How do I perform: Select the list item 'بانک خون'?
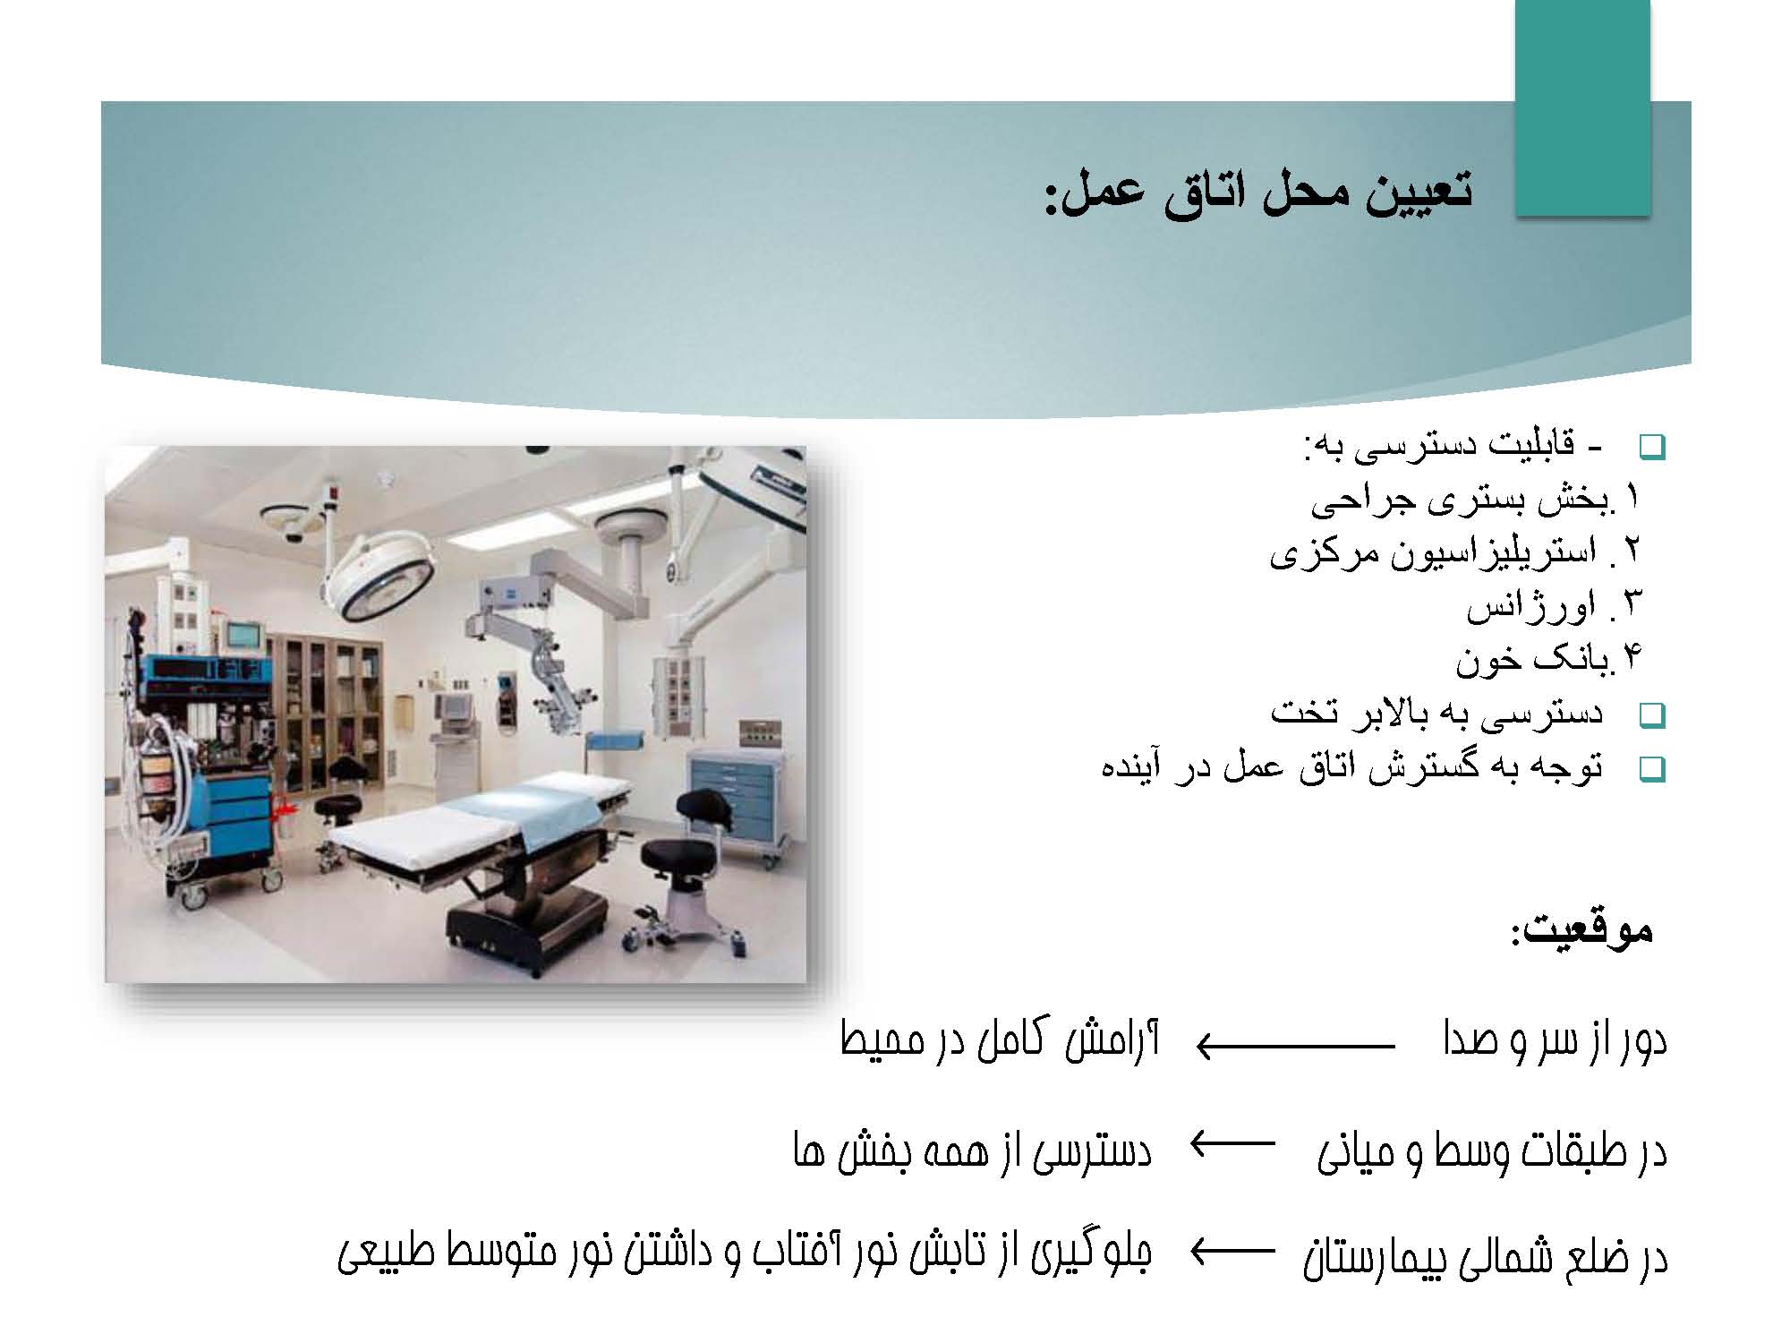click(x=1532, y=660)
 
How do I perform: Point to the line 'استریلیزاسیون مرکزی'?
click(x=1432, y=553)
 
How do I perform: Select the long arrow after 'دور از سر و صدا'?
click(x=1296, y=1046)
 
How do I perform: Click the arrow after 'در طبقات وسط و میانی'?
click(x=1232, y=1143)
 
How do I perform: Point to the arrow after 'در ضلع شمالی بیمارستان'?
click(x=1232, y=1252)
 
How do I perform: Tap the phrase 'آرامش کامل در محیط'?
click(x=1000, y=1042)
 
